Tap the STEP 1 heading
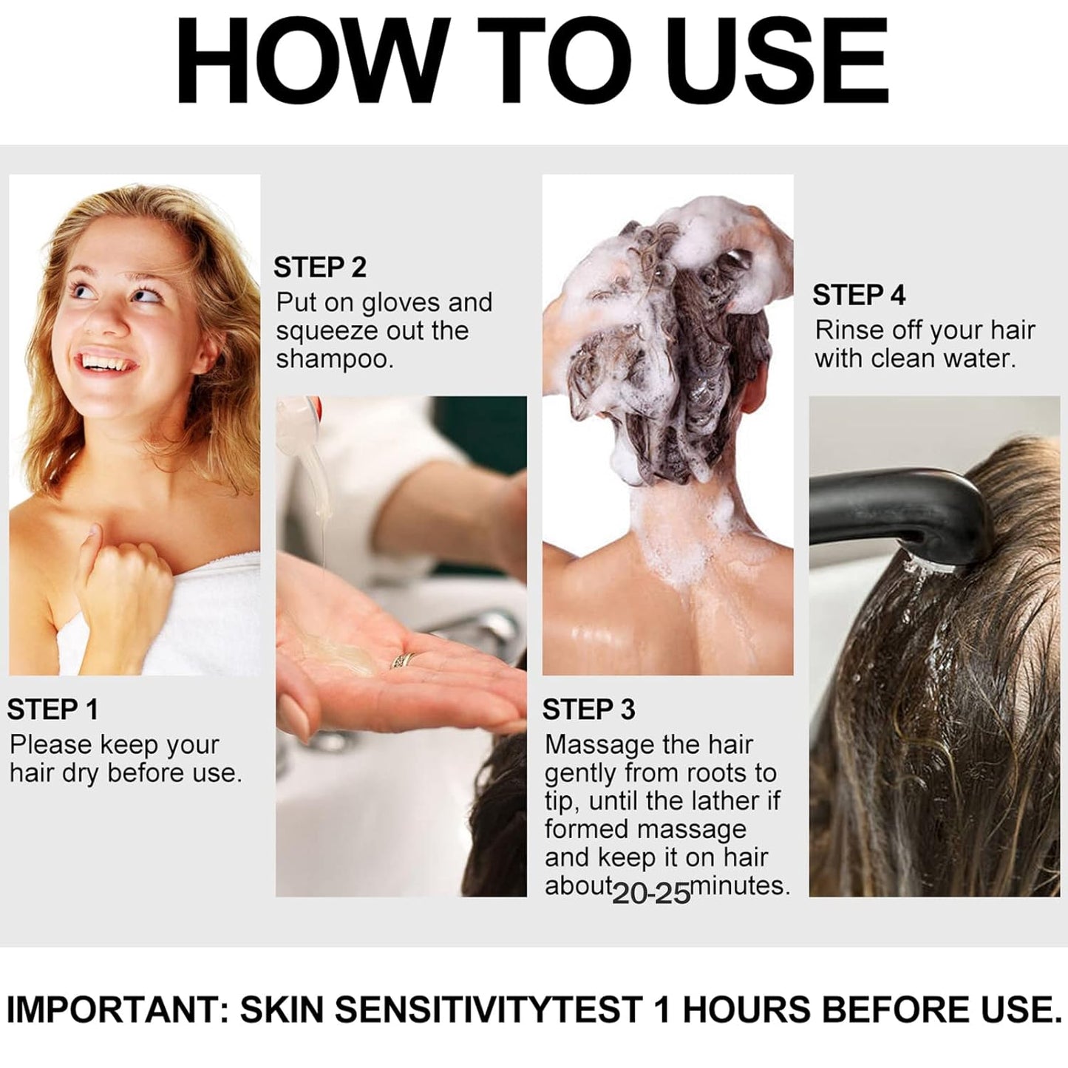tap(52, 710)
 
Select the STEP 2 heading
tap(319, 268)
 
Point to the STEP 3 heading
tap(588, 710)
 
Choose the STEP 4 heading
tap(858, 296)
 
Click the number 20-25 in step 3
tap(651, 893)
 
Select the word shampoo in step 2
tap(334, 360)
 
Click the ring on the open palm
tap(403, 660)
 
